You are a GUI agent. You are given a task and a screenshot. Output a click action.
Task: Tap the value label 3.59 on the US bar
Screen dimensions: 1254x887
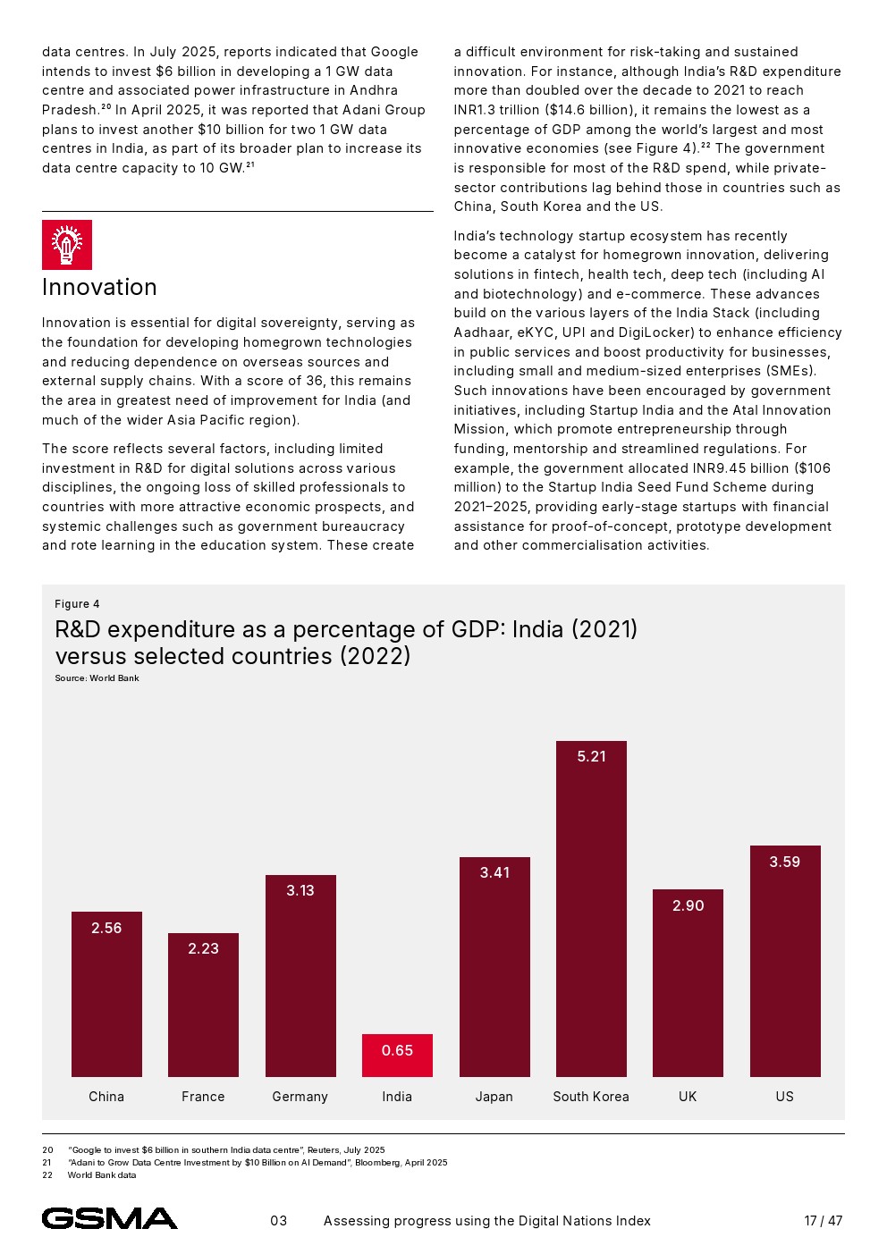784,862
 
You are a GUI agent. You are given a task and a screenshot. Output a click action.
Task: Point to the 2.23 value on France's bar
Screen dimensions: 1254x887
203,948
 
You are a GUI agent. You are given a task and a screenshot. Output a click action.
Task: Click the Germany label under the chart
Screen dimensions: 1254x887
300,1097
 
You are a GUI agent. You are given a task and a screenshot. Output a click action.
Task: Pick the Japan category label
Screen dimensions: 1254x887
494,1097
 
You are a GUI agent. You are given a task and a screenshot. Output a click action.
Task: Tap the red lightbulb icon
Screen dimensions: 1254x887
67,245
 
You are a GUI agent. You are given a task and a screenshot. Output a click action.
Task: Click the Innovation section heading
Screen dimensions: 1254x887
99,287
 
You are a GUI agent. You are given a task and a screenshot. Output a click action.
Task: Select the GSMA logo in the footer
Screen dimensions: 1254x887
109,1218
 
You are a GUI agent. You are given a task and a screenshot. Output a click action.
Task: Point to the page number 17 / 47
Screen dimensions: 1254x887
823,1221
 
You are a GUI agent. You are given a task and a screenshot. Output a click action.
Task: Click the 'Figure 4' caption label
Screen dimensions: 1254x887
77,604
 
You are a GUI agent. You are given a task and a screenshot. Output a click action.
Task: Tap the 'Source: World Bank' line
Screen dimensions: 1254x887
97,678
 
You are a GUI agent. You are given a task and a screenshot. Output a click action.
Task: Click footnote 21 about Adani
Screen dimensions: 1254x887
258,1163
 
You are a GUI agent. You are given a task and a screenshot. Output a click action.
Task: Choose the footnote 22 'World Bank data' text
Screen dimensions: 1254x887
102,1175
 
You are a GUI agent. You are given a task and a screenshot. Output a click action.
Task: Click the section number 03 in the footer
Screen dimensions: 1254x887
279,1221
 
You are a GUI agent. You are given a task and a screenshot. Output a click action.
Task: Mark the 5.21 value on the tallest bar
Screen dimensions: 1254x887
591,756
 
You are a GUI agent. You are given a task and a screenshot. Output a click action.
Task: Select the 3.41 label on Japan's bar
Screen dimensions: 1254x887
494,872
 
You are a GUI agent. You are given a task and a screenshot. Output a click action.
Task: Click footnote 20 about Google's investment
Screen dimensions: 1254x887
226,1150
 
